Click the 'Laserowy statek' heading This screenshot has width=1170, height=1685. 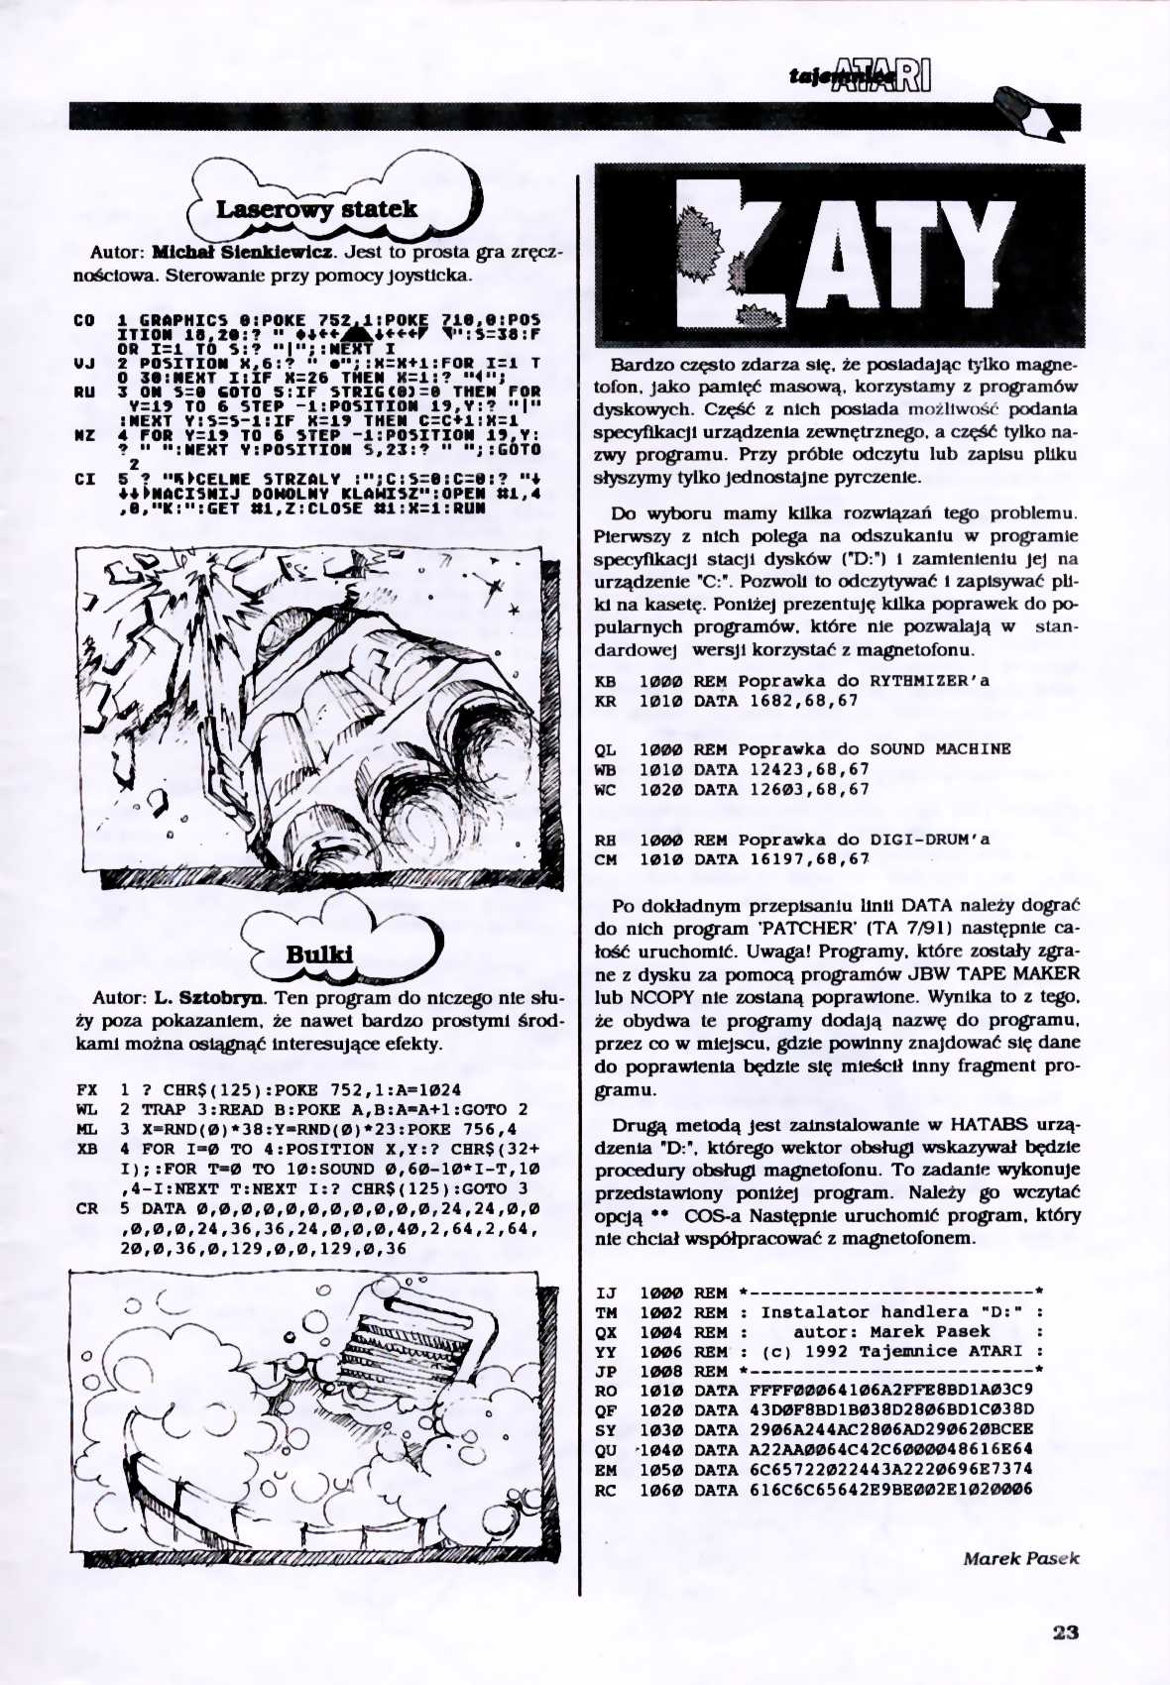pyautogui.click(x=316, y=210)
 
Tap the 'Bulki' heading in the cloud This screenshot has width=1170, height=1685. pyautogui.click(x=319, y=955)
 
